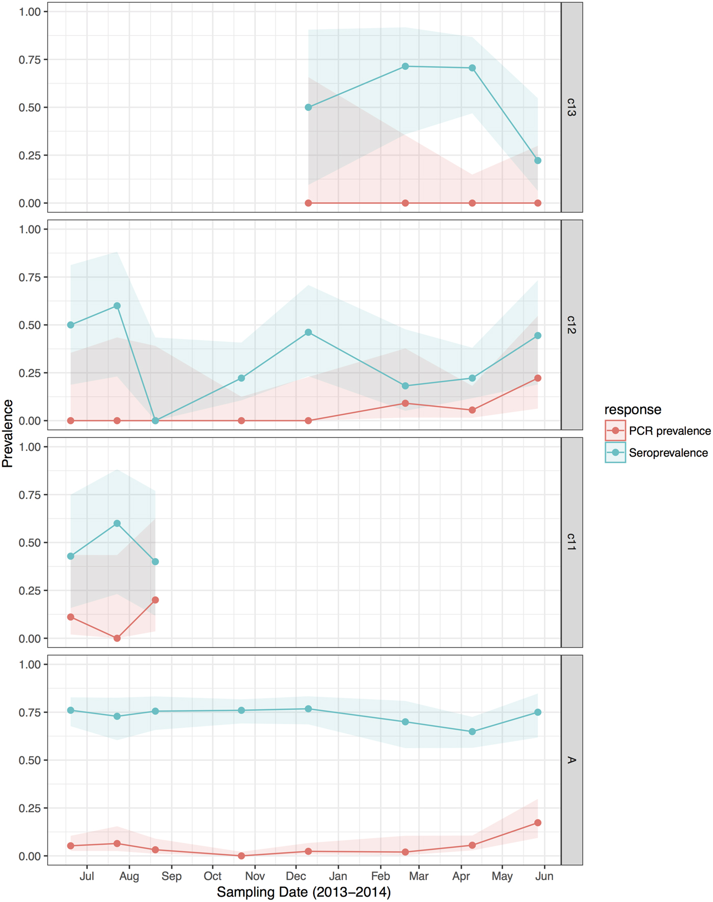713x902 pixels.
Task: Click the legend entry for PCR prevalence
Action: pyautogui.click(x=669, y=431)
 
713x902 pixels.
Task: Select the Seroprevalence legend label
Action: pyautogui.click(x=668, y=453)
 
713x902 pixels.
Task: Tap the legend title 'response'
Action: pyautogui.click(x=633, y=410)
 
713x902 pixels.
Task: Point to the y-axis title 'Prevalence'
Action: pyautogui.click(x=8, y=434)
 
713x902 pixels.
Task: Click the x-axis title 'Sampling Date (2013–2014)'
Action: pyautogui.click(x=304, y=892)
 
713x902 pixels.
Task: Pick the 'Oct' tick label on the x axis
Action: pyautogui.click(x=212, y=876)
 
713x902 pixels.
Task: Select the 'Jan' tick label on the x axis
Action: pyautogui.click(x=338, y=876)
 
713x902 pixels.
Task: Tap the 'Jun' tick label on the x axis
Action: pyautogui.click(x=544, y=876)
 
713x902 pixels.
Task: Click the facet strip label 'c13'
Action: pyautogui.click(x=571, y=107)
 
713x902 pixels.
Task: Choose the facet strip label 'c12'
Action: pyautogui.click(x=571, y=325)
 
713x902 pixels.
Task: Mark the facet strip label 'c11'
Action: pyautogui.click(x=571, y=542)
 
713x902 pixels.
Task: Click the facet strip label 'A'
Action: pyautogui.click(x=571, y=760)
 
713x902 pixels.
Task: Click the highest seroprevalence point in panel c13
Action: pyautogui.click(x=405, y=66)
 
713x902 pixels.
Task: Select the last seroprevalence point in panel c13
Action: pyautogui.click(x=538, y=161)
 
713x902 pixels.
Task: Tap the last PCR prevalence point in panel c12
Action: pyautogui.click(x=538, y=378)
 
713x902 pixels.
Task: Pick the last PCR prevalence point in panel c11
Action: pyautogui.click(x=155, y=600)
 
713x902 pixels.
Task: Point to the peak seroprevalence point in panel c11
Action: pyautogui.click(x=117, y=523)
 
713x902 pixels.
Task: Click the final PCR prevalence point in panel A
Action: pyautogui.click(x=538, y=823)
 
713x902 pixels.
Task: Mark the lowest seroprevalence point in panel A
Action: pyautogui.click(x=472, y=731)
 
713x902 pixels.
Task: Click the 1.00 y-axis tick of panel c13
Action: pyautogui.click(x=30, y=12)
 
